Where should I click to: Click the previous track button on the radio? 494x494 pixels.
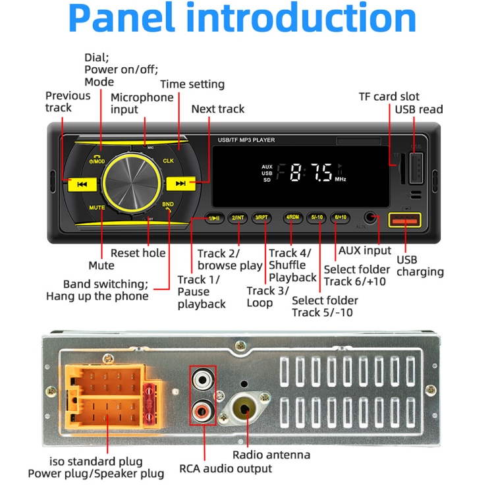point(82,184)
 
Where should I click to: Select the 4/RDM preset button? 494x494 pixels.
point(292,217)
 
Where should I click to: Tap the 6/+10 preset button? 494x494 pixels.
point(341,217)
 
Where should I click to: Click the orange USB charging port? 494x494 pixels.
point(404,221)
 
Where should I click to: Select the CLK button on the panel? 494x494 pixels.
point(168,161)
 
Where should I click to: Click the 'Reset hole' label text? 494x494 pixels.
point(138,253)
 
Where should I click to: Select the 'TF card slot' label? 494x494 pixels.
point(389,97)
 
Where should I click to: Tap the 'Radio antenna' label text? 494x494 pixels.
point(271,454)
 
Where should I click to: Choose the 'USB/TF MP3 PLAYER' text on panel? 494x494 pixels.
point(246,140)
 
